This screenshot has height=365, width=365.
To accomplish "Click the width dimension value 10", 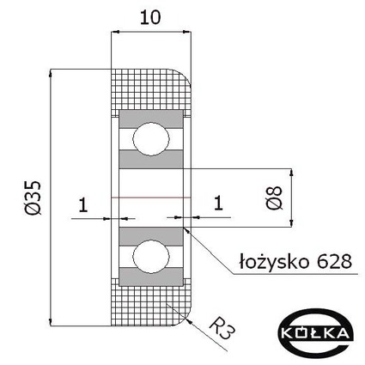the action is (150, 18).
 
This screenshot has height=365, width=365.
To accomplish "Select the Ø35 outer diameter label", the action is (33, 198).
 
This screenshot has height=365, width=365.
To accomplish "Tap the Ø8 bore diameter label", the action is (274, 198).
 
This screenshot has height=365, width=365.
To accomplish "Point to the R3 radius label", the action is (222, 327).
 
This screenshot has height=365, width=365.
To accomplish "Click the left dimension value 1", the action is (83, 205).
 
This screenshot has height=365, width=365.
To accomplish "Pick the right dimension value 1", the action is (218, 204).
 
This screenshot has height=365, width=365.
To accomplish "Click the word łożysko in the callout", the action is (274, 261).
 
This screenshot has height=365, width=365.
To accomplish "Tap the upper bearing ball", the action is (151, 139).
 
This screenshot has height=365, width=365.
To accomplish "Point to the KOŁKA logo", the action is (316, 333).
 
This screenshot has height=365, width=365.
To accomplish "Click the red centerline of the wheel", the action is (151, 198).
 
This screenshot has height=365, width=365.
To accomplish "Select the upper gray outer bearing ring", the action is (151, 119).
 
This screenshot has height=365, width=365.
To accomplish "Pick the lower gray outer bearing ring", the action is (151, 277).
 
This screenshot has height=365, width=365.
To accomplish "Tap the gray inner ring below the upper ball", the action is (151, 159).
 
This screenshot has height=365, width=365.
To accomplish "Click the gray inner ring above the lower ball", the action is (151, 237).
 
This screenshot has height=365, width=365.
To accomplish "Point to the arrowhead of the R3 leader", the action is (189, 321).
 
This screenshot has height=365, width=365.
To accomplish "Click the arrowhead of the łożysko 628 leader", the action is (186, 230).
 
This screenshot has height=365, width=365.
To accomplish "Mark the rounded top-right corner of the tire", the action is (185, 75).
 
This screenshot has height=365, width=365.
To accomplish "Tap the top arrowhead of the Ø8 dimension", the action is (291, 172).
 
